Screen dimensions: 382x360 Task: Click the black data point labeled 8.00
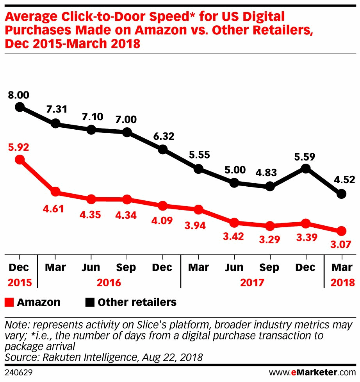point(20,107)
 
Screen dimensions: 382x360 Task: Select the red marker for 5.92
point(20,159)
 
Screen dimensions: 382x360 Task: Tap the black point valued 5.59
point(305,168)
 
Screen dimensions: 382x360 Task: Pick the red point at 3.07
point(341,231)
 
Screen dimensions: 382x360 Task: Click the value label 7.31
point(55,109)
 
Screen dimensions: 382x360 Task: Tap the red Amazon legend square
point(10,302)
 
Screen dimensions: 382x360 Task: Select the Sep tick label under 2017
point(269,268)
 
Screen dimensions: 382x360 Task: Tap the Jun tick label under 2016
point(91,268)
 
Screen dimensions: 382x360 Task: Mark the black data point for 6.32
point(162,150)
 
